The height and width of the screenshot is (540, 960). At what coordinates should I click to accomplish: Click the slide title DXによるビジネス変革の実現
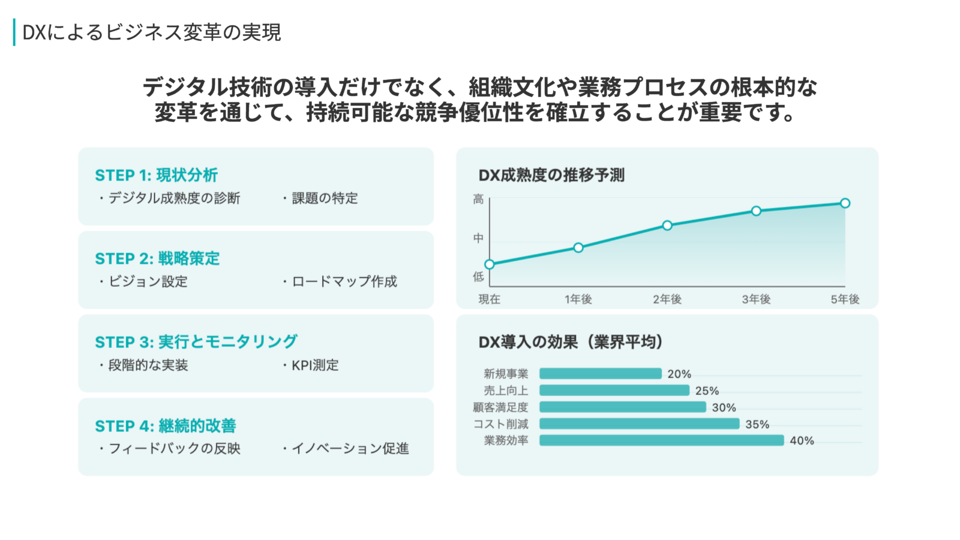[x=151, y=32]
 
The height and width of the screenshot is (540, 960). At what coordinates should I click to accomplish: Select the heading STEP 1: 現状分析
[x=156, y=175]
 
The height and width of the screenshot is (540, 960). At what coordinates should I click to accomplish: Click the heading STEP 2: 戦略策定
[x=157, y=259]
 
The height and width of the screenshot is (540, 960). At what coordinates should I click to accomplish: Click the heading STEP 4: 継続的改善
[x=165, y=426]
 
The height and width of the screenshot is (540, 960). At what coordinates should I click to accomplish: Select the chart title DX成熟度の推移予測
[x=551, y=175]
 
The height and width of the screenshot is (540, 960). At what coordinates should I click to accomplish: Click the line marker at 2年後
[x=667, y=226]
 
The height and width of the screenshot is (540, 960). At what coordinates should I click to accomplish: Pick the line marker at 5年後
[x=845, y=203]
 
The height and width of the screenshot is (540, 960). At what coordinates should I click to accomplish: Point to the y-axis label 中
[x=478, y=238]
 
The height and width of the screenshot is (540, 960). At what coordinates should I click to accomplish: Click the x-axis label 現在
[x=489, y=299]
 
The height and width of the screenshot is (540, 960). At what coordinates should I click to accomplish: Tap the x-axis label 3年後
[x=756, y=299]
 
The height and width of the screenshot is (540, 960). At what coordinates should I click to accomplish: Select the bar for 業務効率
[x=661, y=440]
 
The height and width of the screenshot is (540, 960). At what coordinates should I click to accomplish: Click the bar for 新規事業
[x=600, y=374]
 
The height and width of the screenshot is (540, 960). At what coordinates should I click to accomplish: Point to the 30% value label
[x=724, y=407]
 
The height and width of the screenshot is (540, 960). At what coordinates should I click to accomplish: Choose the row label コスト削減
[x=500, y=424]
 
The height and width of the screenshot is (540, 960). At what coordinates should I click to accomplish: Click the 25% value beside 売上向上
[x=707, y=391]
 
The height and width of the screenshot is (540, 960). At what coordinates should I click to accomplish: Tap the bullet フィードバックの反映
[x=174, y=449]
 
